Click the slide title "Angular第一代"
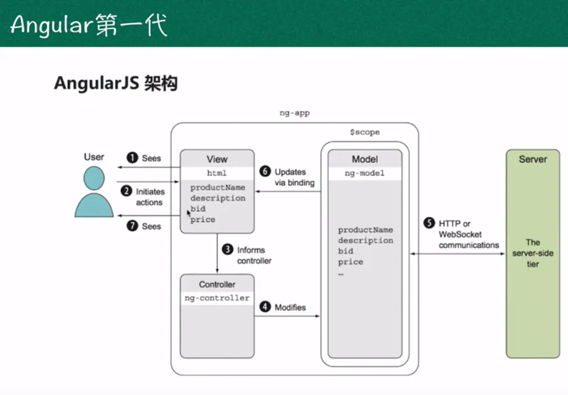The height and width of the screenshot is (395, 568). click(89, 24)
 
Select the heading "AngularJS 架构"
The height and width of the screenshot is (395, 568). click(115, 83)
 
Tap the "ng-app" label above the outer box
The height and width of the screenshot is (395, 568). click(294, 112)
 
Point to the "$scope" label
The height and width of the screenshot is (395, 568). click(365, 132)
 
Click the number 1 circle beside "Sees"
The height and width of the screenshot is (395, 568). click(132, 157)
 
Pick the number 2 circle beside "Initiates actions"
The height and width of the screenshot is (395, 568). click(126, 192)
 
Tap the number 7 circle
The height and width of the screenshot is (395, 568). click(132, 226)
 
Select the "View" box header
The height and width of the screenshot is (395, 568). click(217, 159)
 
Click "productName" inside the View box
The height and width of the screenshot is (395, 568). click(218, 187)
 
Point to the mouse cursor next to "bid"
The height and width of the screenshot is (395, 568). click(189, 212)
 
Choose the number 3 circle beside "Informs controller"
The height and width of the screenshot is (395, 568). click(228, 250)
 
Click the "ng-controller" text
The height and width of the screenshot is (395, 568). click(217, 298)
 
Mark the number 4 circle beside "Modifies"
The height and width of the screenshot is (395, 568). click(265, 307)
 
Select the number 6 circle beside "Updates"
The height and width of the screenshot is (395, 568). click(265, 172)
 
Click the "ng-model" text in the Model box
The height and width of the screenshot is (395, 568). click(365, 173)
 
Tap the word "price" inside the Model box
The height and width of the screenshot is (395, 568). click(350, 262)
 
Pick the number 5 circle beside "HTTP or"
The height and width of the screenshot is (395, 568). click(429, 224)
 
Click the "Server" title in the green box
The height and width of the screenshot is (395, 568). click(533, 159)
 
